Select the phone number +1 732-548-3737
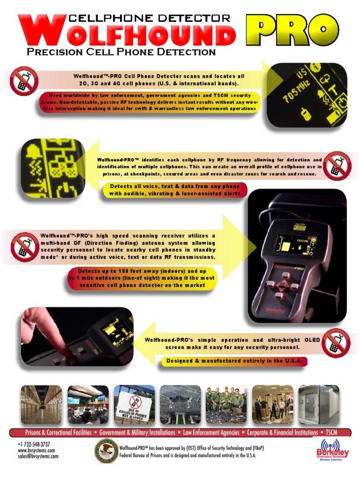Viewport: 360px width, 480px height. point(34,444)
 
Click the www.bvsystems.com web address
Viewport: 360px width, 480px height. point(36,450)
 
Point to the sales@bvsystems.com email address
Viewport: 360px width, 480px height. point(38,456)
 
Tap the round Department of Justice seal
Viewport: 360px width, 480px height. point(106,450)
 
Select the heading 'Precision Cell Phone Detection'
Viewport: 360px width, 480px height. point(121,52)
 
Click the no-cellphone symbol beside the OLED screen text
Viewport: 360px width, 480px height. point(337,343)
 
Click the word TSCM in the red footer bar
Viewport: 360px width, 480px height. point(330,433)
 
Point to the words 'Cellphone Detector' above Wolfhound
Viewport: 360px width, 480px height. point(150,19)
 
